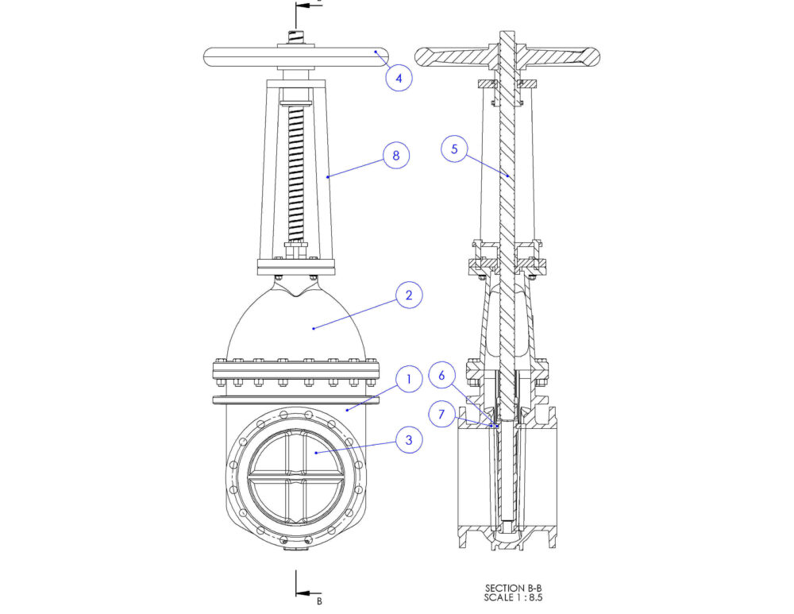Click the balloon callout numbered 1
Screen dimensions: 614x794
[408, 380]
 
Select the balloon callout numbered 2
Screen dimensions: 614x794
[408, 295]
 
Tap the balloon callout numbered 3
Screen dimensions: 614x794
[408, 439]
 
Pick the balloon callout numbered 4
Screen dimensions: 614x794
[399, 78]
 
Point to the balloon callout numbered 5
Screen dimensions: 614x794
[455, 149]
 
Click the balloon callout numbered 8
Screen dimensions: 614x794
[395, 155]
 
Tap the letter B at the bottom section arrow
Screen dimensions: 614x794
[319, 601]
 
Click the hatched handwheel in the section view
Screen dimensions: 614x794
[556, 56]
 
